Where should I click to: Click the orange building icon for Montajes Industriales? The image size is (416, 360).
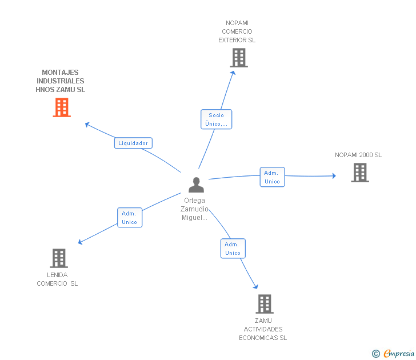62,107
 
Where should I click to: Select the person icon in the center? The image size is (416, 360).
196,185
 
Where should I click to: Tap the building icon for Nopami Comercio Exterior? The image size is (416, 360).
239,58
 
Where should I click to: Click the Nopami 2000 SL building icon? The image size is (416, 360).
359,173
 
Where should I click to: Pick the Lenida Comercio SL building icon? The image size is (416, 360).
59,258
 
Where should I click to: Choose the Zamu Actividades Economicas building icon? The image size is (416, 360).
264,304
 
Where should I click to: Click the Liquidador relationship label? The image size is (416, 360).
133,143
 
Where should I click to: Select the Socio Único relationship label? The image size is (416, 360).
216,119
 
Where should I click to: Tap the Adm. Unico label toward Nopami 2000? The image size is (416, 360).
272,177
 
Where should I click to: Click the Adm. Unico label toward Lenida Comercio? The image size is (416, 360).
129,218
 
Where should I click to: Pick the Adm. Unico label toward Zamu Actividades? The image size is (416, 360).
233,249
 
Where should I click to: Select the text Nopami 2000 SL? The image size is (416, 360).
358,155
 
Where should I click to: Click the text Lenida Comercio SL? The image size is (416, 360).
58,279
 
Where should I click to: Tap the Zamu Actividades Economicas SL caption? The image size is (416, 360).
263,329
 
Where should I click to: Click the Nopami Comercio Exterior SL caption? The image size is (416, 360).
237,32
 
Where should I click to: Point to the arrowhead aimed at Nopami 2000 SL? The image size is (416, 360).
334,175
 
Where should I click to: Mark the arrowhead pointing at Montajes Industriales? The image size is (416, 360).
87,124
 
